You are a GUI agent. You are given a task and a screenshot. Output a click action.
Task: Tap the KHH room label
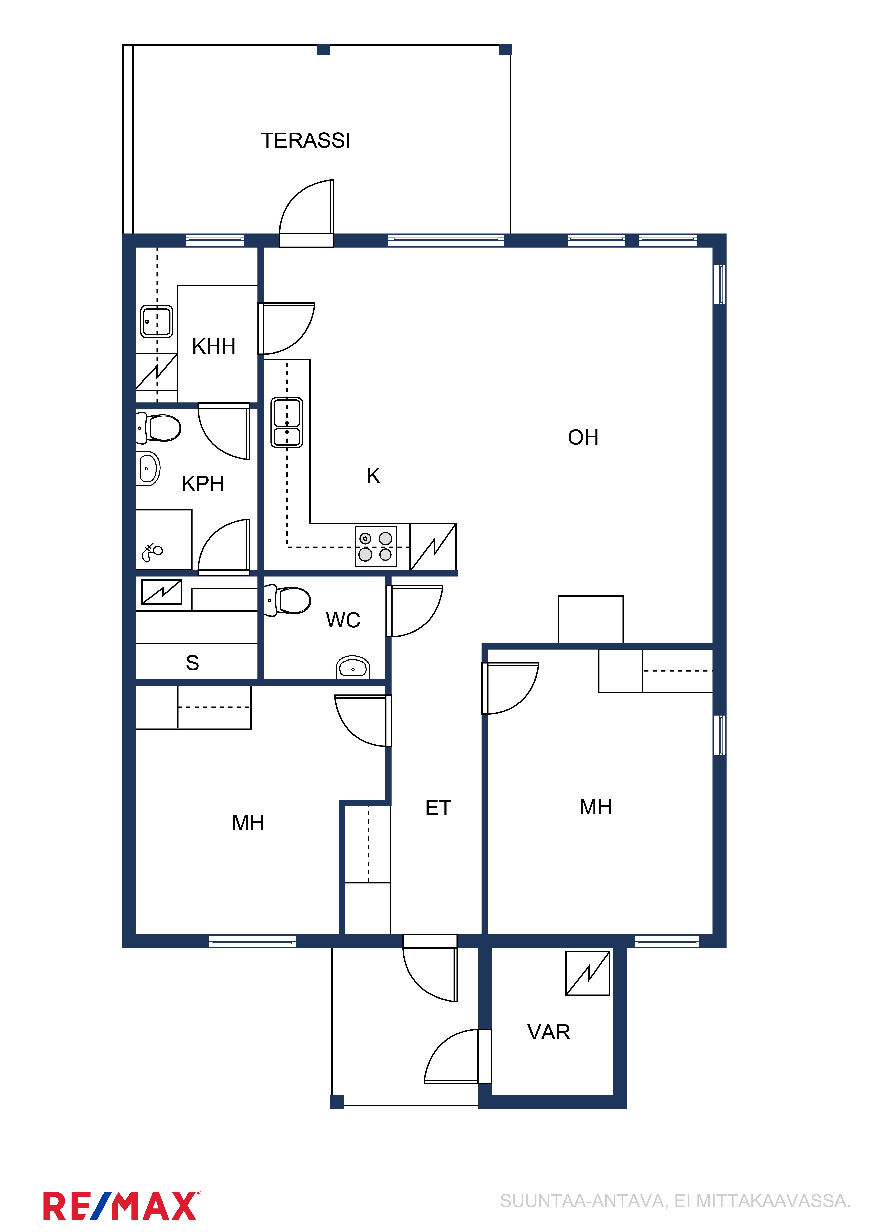click(x=214, y=347)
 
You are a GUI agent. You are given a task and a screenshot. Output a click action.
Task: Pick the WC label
click(x=343, y=620)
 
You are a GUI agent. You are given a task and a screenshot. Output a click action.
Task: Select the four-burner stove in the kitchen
click(x=376, y=546)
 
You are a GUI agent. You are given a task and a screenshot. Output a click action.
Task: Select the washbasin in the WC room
click(x=353, y=667)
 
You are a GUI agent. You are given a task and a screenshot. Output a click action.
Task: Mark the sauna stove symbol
click(x=161, y=592)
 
